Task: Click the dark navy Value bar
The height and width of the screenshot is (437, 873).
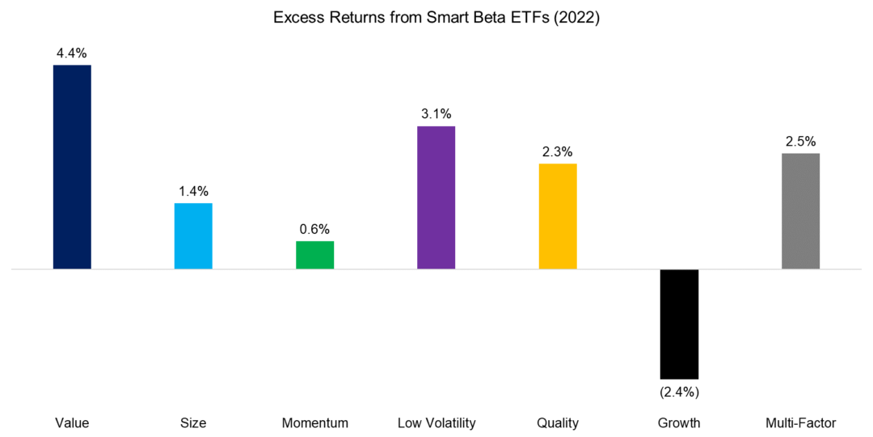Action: pyautogui.click(x=72, y=167)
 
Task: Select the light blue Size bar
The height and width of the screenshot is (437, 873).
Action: pyautogui.click(x=193, y=235)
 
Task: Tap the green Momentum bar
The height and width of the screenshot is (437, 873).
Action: pyautogui.click(x=314, y=255)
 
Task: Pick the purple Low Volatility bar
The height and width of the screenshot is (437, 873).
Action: pyautogui.click(x=436, y=197)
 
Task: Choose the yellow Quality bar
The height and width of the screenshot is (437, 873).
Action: pyautogui.click(x=558, y=216)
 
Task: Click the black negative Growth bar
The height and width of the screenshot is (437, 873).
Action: pyautogui.click(x=679, y=324)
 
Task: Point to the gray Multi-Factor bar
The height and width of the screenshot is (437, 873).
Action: pyautogui.click(x=800, y=210)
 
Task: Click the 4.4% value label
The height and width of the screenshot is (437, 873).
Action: pyautogui.click(x=72, y=52)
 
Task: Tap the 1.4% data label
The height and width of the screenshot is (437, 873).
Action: pyautogui.click(x=193, y=191)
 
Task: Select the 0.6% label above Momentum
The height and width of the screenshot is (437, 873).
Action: pyautogui.click(x=314, y=229)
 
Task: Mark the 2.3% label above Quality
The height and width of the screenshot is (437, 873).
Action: pyautogui.click(x=558, y=151)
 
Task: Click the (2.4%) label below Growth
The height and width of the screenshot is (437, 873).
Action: pyautogui.click(x=679, y=392)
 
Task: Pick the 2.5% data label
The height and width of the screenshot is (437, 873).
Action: pyautogui.click(x=800, y=141)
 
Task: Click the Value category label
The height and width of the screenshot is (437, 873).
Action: pyautogui.click(x=72, y=422)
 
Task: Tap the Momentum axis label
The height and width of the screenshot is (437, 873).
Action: pyautogui.click(x=314, y=422)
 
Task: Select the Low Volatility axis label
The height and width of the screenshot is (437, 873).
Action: pyautogui.click(x=436, y=422)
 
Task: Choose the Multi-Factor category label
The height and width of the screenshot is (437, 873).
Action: pyautogui.click(x=800, y=422)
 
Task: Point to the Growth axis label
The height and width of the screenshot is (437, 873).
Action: pyautogui.click(x=679, y=422)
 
